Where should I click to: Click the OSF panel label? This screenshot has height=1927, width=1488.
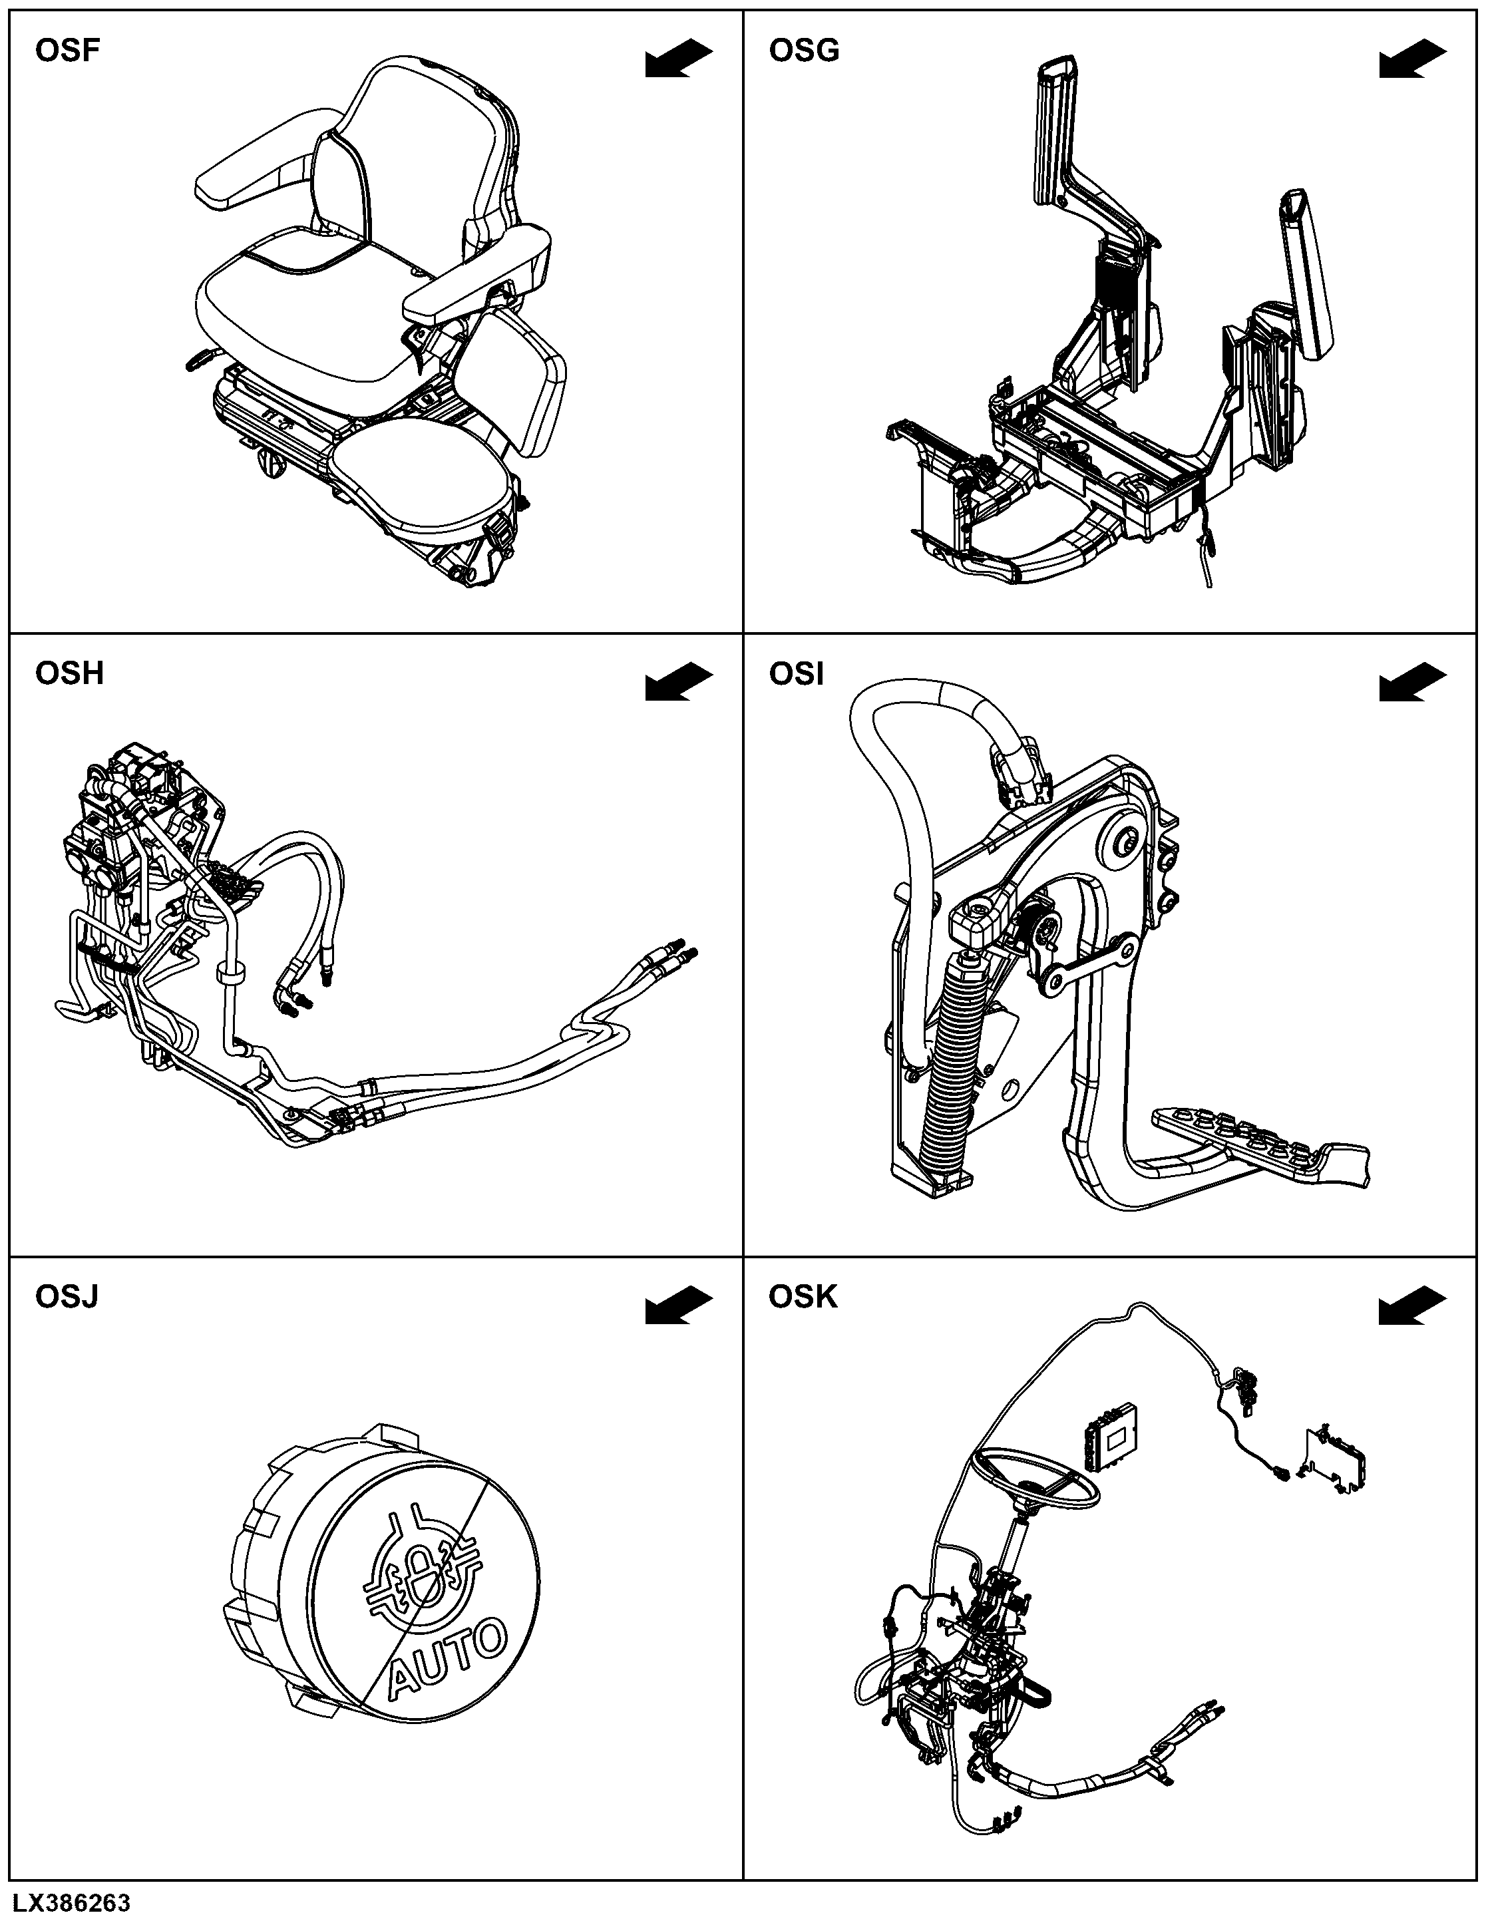[x=67, y=51]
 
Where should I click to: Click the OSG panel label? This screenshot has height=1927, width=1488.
[x=804, y=51]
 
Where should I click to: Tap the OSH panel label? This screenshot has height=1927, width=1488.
[x=69, y=673]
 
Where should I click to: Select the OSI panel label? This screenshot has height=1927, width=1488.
[x=796, y=673]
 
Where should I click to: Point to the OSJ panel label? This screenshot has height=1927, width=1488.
[x=66, y=1296]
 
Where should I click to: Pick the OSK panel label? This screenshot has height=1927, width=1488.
[x=803, y=1296]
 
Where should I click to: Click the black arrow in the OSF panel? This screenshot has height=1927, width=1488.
[x=679, y=59]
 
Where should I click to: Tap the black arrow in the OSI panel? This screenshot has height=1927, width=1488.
[x=1412, y=681]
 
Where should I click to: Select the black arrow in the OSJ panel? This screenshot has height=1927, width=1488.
[x=679, y=1304]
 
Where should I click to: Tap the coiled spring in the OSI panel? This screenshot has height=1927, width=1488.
[x=952, y=1063]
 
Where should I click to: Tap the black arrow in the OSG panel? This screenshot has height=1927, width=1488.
[x=1412, y=59]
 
